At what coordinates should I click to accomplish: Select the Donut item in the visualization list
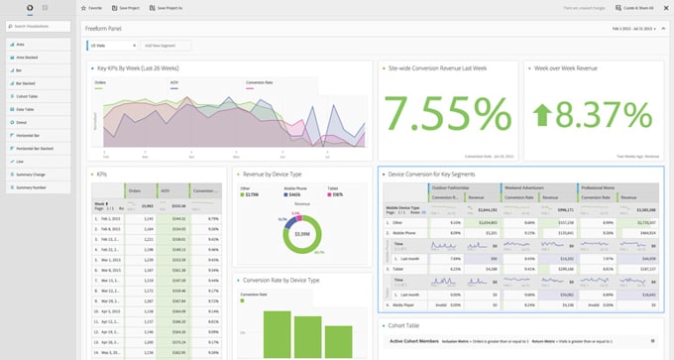(20, 121)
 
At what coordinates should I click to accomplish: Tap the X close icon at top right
(663, 7)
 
